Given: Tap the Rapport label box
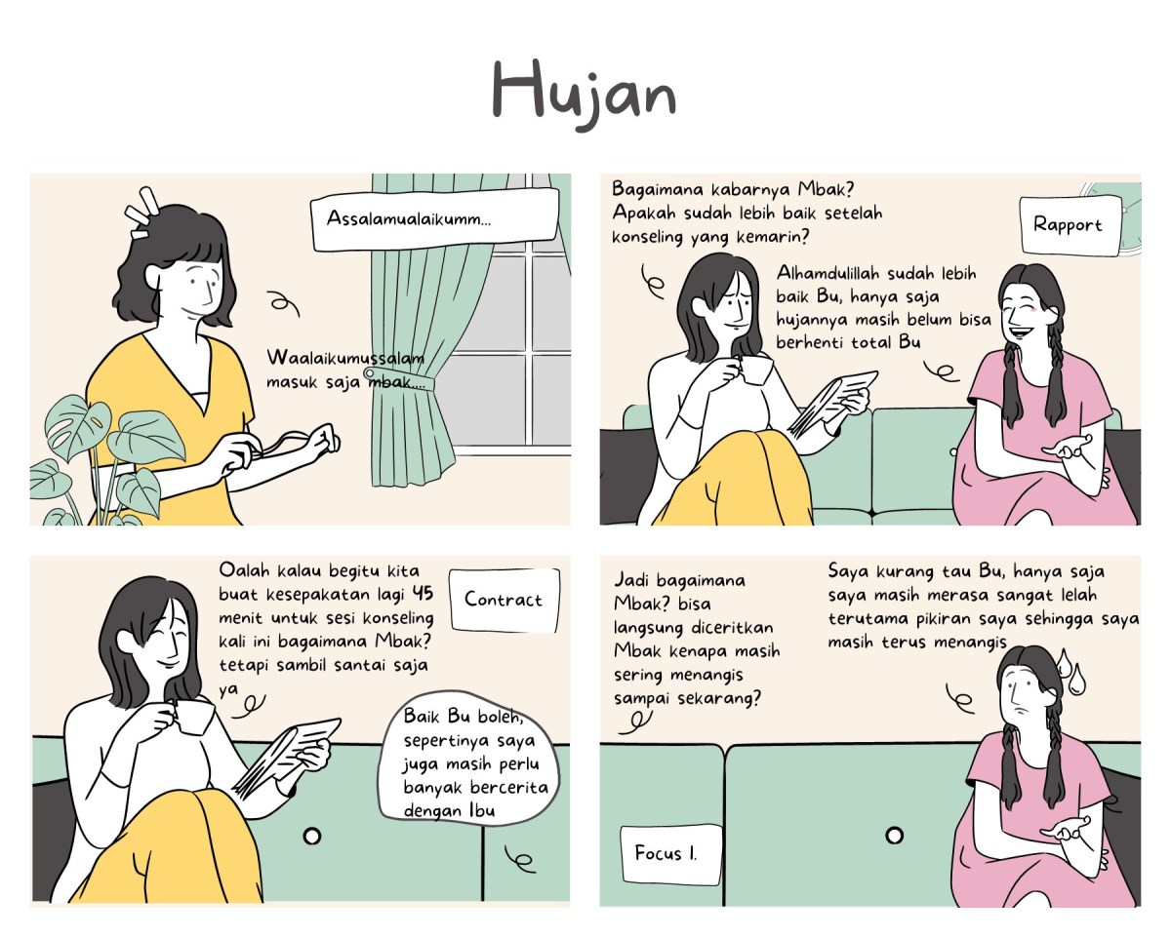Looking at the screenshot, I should pos(1068,225).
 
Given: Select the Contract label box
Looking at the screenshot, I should pos(504,600).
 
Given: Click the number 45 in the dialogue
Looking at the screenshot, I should pos(423,594).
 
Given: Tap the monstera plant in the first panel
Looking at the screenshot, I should pos(93,458).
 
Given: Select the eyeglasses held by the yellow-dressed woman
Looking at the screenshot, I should pos(293,444).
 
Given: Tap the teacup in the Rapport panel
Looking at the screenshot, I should pos(753,371).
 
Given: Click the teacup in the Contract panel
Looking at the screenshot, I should pos(195,717).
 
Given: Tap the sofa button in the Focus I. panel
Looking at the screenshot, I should pos(894,836).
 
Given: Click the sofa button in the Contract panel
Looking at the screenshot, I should pos(312,837).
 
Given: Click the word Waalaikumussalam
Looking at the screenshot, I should pos(344,358).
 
